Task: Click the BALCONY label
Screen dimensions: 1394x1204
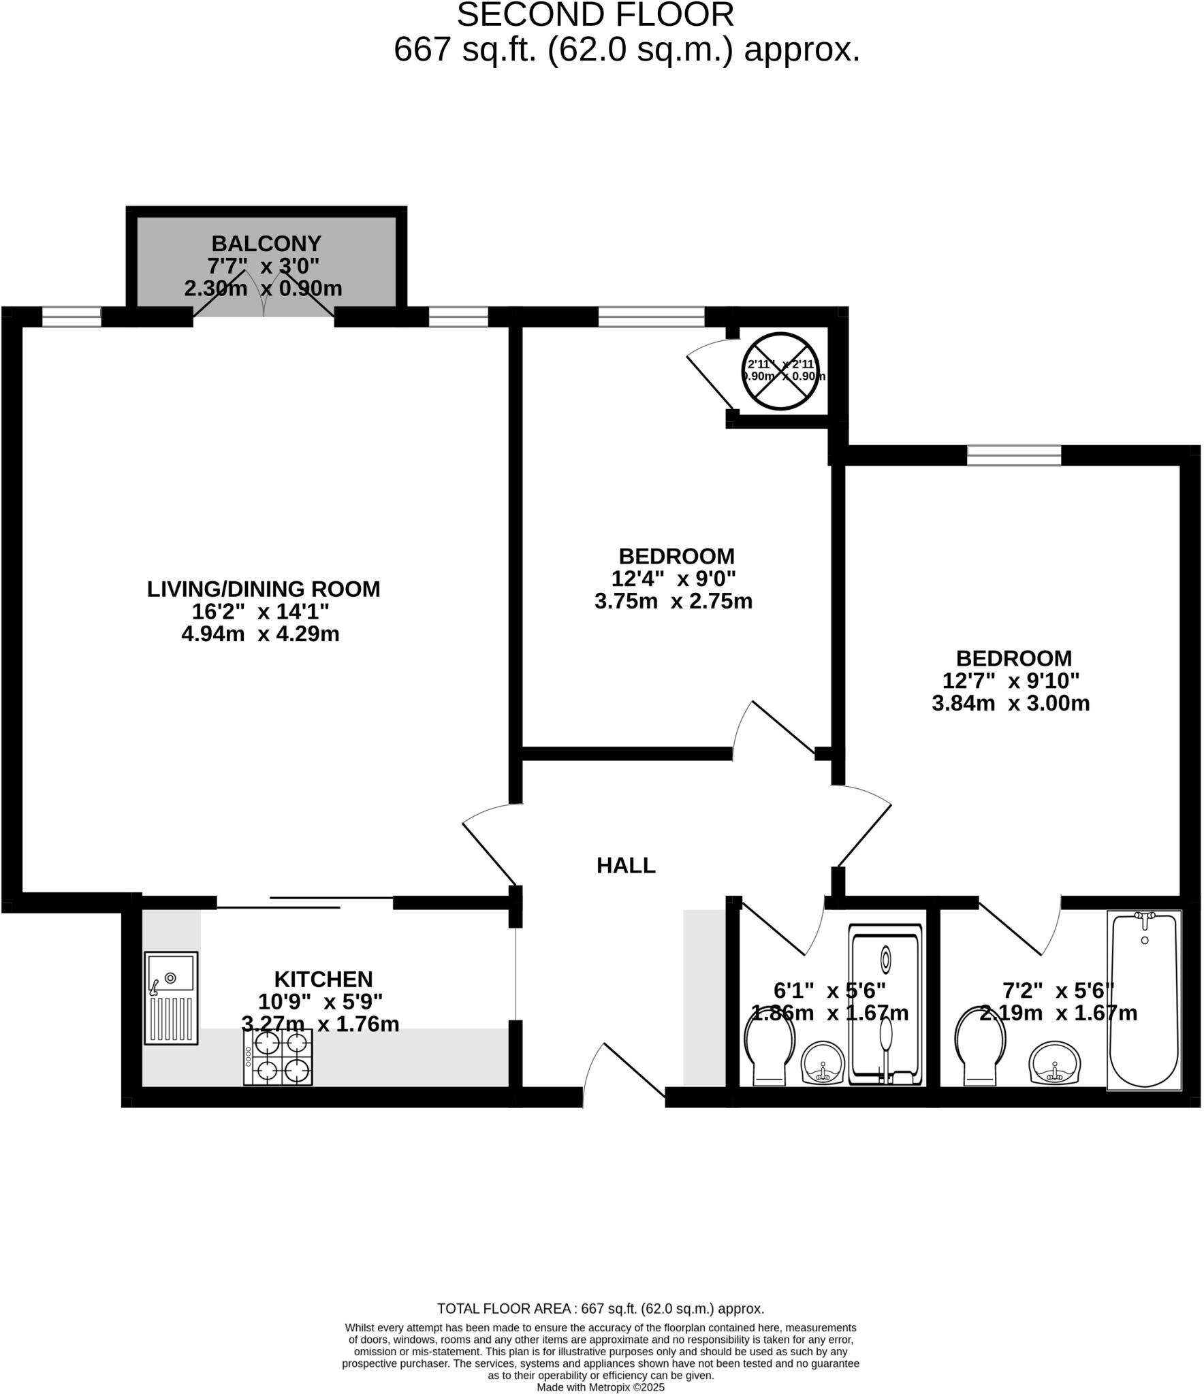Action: coord(266,244)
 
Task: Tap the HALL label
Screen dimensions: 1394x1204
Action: coord(626,866)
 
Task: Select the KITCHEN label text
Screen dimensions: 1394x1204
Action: coord(323,979)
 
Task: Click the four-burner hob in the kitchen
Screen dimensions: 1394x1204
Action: coord(278,1057)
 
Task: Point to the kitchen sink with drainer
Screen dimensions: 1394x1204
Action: coord(171,999)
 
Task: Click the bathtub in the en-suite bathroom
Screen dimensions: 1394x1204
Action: coord(1143,999)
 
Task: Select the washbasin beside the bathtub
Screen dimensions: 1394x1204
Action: coord(1054,1062)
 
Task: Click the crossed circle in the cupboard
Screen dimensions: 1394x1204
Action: coord(780,371)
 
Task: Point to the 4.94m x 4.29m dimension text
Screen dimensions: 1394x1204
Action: coord(260,634)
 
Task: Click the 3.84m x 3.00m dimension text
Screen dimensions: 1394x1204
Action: coord(1011,703)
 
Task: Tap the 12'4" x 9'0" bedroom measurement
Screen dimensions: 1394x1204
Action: coord(674,579)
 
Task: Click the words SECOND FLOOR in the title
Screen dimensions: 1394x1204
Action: coord(595,15)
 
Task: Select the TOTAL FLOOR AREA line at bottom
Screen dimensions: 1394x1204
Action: coord(600,1308)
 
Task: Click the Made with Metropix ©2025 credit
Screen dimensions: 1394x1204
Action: coord(600,1387)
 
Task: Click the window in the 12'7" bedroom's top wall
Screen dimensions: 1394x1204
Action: coord(1014,455)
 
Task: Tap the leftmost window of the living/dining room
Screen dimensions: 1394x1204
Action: coord(72,317)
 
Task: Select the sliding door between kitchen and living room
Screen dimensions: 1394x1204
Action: coord(304,903)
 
